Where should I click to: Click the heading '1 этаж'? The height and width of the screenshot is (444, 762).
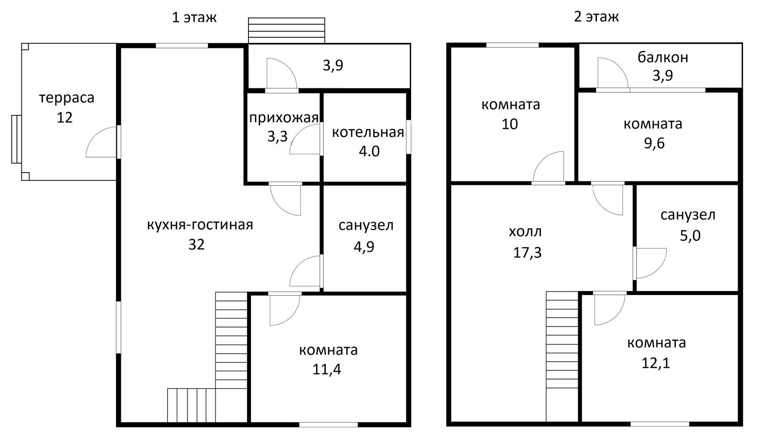pos(194,17)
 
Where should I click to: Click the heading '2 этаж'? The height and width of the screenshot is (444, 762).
pos(596,17)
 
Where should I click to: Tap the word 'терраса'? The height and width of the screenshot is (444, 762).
pos(67,98)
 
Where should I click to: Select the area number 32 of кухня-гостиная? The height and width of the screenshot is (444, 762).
pos(196,244)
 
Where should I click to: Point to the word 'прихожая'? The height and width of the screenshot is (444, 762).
pos(284,117)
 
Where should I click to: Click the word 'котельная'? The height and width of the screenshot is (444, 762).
pos(368,132)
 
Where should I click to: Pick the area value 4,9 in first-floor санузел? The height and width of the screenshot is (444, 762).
pos(364,247)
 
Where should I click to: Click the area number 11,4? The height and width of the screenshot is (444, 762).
pos(327,370)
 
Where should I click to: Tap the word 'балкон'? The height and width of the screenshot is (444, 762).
pos(663,58)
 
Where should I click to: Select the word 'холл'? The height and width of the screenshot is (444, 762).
pos(525,232)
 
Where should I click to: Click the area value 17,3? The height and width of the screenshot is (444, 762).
pos(527,252)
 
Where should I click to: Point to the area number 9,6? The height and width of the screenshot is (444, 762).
pos(654,143)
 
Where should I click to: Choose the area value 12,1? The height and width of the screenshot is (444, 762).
pos(656,363)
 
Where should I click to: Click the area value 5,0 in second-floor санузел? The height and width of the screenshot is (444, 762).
pos(690,236)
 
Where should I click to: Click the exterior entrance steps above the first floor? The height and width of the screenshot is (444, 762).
pos(287,30)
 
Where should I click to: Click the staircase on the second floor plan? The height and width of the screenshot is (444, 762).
pos(562,357)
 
